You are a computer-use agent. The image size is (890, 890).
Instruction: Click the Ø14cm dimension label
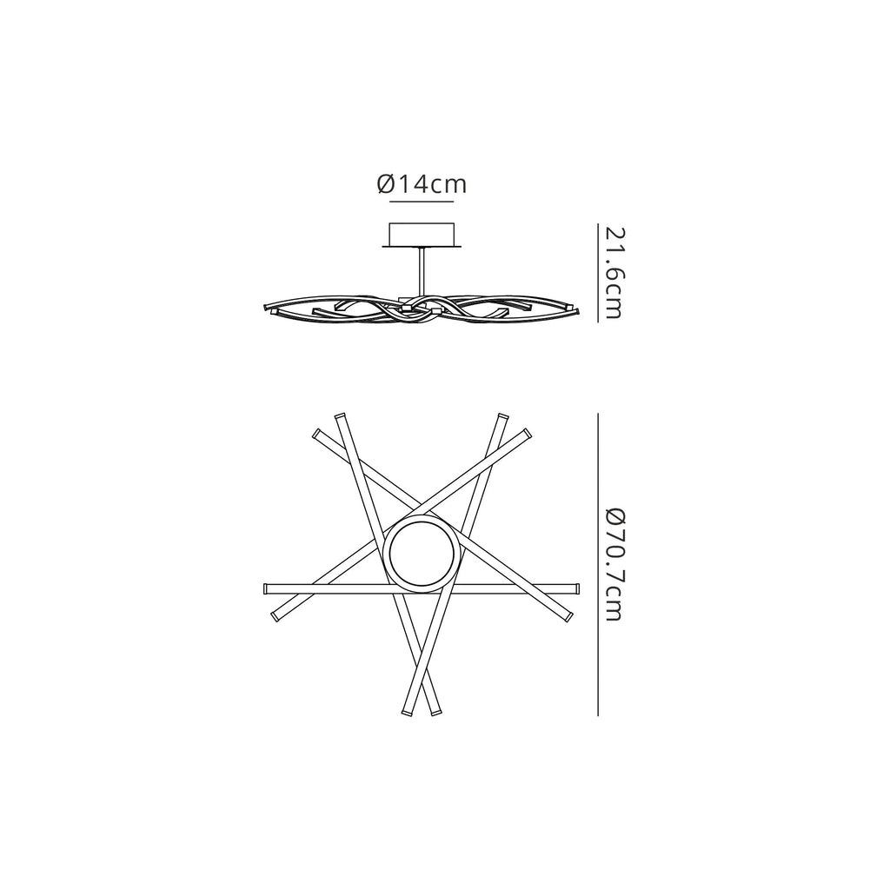pos(422,184)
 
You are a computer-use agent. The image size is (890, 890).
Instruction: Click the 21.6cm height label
pos(614,273)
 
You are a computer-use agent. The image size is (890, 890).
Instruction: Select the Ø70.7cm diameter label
pos(614,565)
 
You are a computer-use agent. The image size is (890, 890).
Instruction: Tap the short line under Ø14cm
pos(422,202)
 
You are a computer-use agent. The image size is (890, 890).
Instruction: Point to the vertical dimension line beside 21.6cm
pos(598,273)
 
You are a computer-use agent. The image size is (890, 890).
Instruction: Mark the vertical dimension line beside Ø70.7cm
pos(598,565)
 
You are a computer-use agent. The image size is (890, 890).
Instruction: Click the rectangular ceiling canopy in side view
pos(422,234)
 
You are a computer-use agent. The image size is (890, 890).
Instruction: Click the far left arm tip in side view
pos(268,308)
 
